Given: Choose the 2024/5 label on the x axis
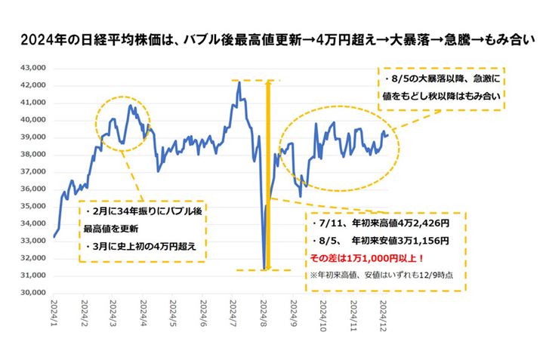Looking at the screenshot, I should [x=174, y=313].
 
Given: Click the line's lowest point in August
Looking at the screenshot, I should [x=264, y=267].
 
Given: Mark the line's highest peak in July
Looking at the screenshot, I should [x=239, y=82].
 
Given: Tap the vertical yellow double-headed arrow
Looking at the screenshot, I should [x=267, y=174].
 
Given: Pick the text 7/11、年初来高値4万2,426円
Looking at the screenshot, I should [x=378, y=224].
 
